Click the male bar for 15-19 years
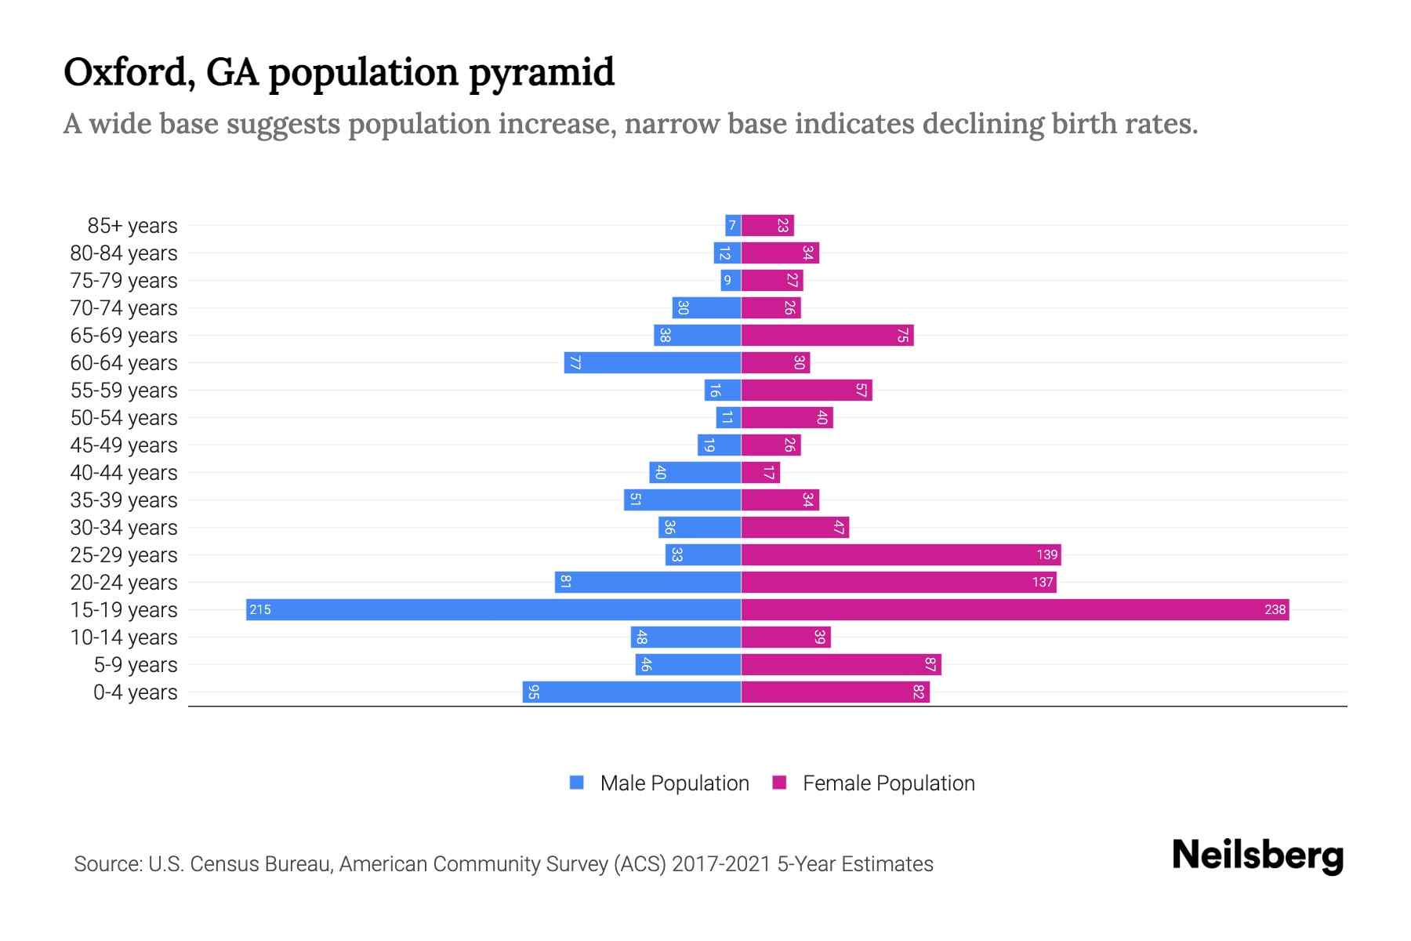[494, 609]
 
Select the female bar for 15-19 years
[1015, 609]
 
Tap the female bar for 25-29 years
[901, 554]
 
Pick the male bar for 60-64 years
[652, 362]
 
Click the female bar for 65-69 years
[827, 335]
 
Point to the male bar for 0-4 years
[632, 692]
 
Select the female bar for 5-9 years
[841, 664]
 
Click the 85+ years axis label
[132, 226]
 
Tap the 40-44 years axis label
[124, 473]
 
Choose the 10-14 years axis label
[124, 638]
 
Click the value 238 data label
[1275, 609]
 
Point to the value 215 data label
[260, 609]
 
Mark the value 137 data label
[1042, 582]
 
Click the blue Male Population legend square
[577, 783]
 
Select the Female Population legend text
[888, 783]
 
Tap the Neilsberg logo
[1257, 856]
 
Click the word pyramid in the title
[542, 73]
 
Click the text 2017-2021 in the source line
[721, 864]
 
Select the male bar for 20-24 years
[648, 582]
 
